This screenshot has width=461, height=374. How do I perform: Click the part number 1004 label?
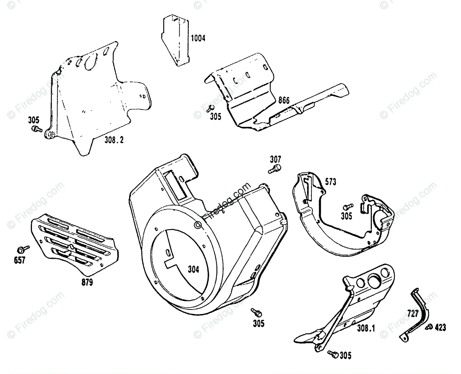(x=198, y=38)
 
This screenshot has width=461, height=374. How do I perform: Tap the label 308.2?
(x=114, y=140)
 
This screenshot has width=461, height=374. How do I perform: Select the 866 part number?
(x=284, y=100)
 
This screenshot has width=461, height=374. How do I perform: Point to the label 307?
(x=275, y=159)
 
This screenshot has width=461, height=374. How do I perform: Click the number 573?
(x=330, y=182)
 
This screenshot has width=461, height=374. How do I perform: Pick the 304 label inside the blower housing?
(x=193, y=270)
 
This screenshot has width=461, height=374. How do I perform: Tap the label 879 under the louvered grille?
(x=87, y=282)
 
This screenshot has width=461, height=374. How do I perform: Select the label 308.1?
(x=366, y=329)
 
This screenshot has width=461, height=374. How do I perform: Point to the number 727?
(x=412, y=313)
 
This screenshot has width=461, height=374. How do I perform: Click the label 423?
(x=440, y=327)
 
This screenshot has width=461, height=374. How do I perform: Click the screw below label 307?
(x=275, y=169)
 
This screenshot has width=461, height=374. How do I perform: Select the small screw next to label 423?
(x=429, y=327)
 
